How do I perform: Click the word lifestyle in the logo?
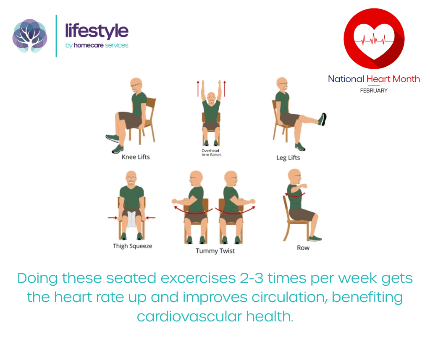tap(97, 31)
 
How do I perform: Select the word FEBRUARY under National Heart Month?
tap(373, 90)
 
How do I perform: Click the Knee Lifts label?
tap(135, 157)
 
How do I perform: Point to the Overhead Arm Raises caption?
tap(211, 152)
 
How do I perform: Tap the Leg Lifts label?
tap(288, 158)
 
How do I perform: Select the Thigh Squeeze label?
tap(132, 246)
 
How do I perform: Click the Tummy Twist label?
tap(215, 251)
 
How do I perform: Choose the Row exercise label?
tap(303, 248)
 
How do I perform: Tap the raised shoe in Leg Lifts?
tap(322, 119)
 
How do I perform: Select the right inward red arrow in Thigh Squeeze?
tap(150, 217)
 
